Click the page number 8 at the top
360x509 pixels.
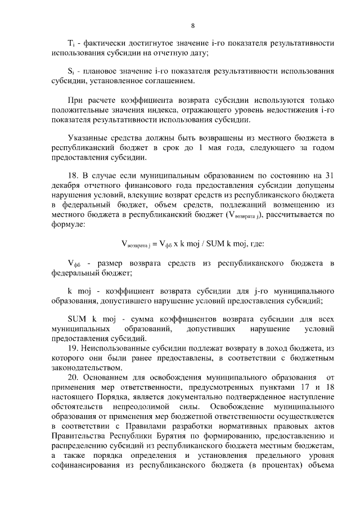coord(192,25)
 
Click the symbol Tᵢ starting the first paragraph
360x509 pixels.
coord(70,43)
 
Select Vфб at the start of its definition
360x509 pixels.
coord(73,264)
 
